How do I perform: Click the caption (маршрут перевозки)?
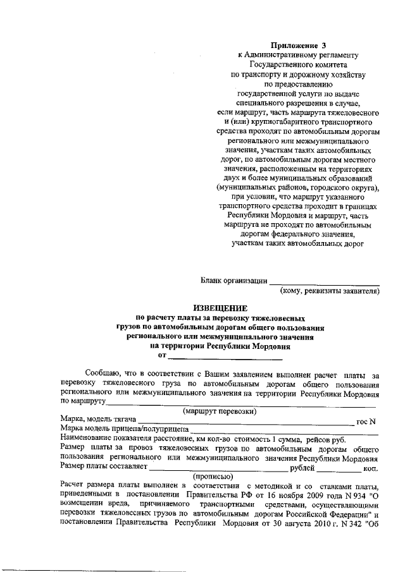pos(220,411)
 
